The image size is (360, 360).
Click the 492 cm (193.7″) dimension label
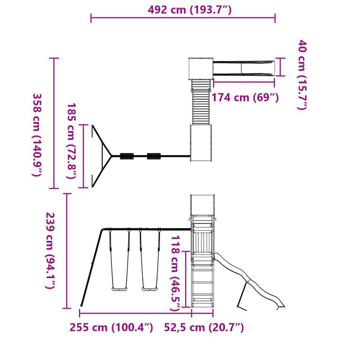tap(189, 9)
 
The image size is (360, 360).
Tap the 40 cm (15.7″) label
tap(302, 75)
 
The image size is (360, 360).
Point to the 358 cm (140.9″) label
tap(38, 135)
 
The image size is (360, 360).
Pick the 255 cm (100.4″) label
tap(111, 327)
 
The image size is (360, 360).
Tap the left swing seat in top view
tap(127, 156)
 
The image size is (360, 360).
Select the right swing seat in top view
tap(154, 156)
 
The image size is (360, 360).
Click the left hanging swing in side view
tap(120, 261)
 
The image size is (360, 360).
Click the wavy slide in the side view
tap(252, 279)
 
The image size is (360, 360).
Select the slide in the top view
tap(243, 67)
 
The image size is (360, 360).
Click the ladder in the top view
tap(201, 102)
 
